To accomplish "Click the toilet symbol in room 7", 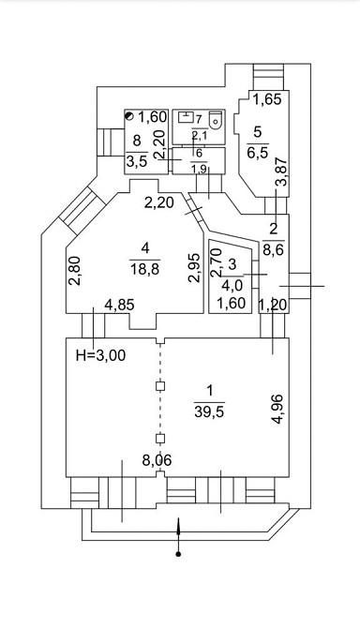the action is click(216, 118).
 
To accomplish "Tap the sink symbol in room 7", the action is click(185, 118).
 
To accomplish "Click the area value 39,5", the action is click(209, 411).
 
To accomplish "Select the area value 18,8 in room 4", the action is click(144, 269).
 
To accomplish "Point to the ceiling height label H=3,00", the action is click(100, 355).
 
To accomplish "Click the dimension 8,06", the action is click(157, 460).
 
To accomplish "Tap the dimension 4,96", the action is click(277, 409).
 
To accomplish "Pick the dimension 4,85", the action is click(119, 306).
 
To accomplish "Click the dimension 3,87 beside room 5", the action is click(282, 172).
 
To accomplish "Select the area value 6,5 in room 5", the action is click(258, 153).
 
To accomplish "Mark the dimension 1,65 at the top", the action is click(268, 99).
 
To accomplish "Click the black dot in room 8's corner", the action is click(129, 116).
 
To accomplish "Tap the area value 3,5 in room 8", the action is click(137, 161).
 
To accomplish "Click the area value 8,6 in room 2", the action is click(274, 250).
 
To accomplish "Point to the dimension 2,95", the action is click(195, 268).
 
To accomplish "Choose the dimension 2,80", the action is click(75, 270).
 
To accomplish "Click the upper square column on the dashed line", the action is click(160, 386).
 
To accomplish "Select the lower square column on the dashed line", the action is click(160, 438).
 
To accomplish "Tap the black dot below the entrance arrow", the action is click(179, 555).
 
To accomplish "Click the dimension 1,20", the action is click(274, 306).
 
